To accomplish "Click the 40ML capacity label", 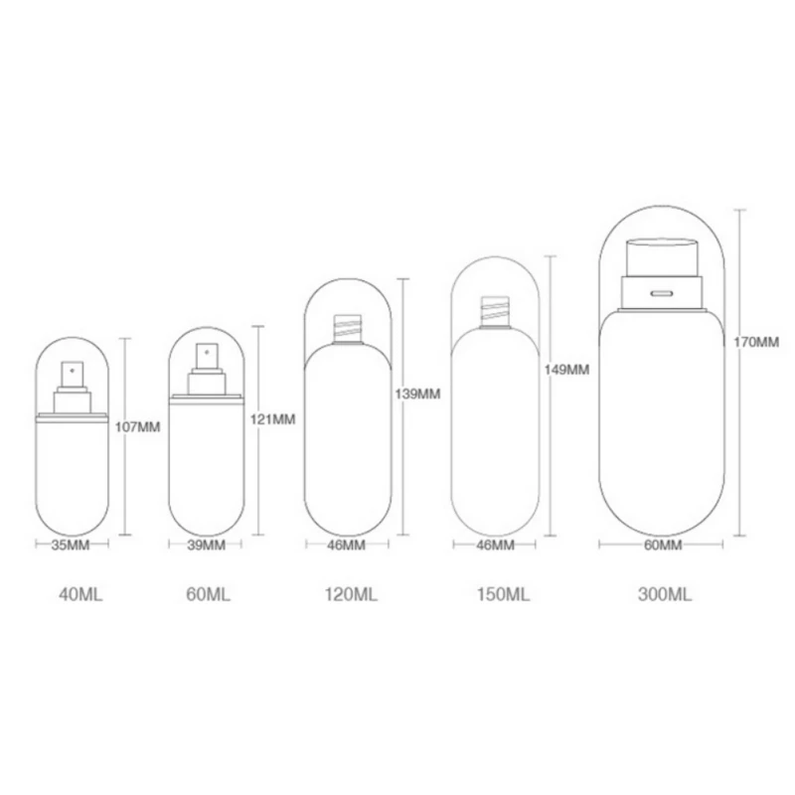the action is [80, 593].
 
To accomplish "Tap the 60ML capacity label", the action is [208, 593].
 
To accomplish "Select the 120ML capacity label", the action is [351, 593].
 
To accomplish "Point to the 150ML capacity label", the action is [503, 593].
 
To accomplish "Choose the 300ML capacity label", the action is [664, 593].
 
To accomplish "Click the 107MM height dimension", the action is [137, 427].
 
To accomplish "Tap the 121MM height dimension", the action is [272, 419].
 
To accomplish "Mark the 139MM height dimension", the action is [417, 394].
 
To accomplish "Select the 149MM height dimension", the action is [566, 370].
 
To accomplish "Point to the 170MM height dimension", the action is [756, 342].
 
